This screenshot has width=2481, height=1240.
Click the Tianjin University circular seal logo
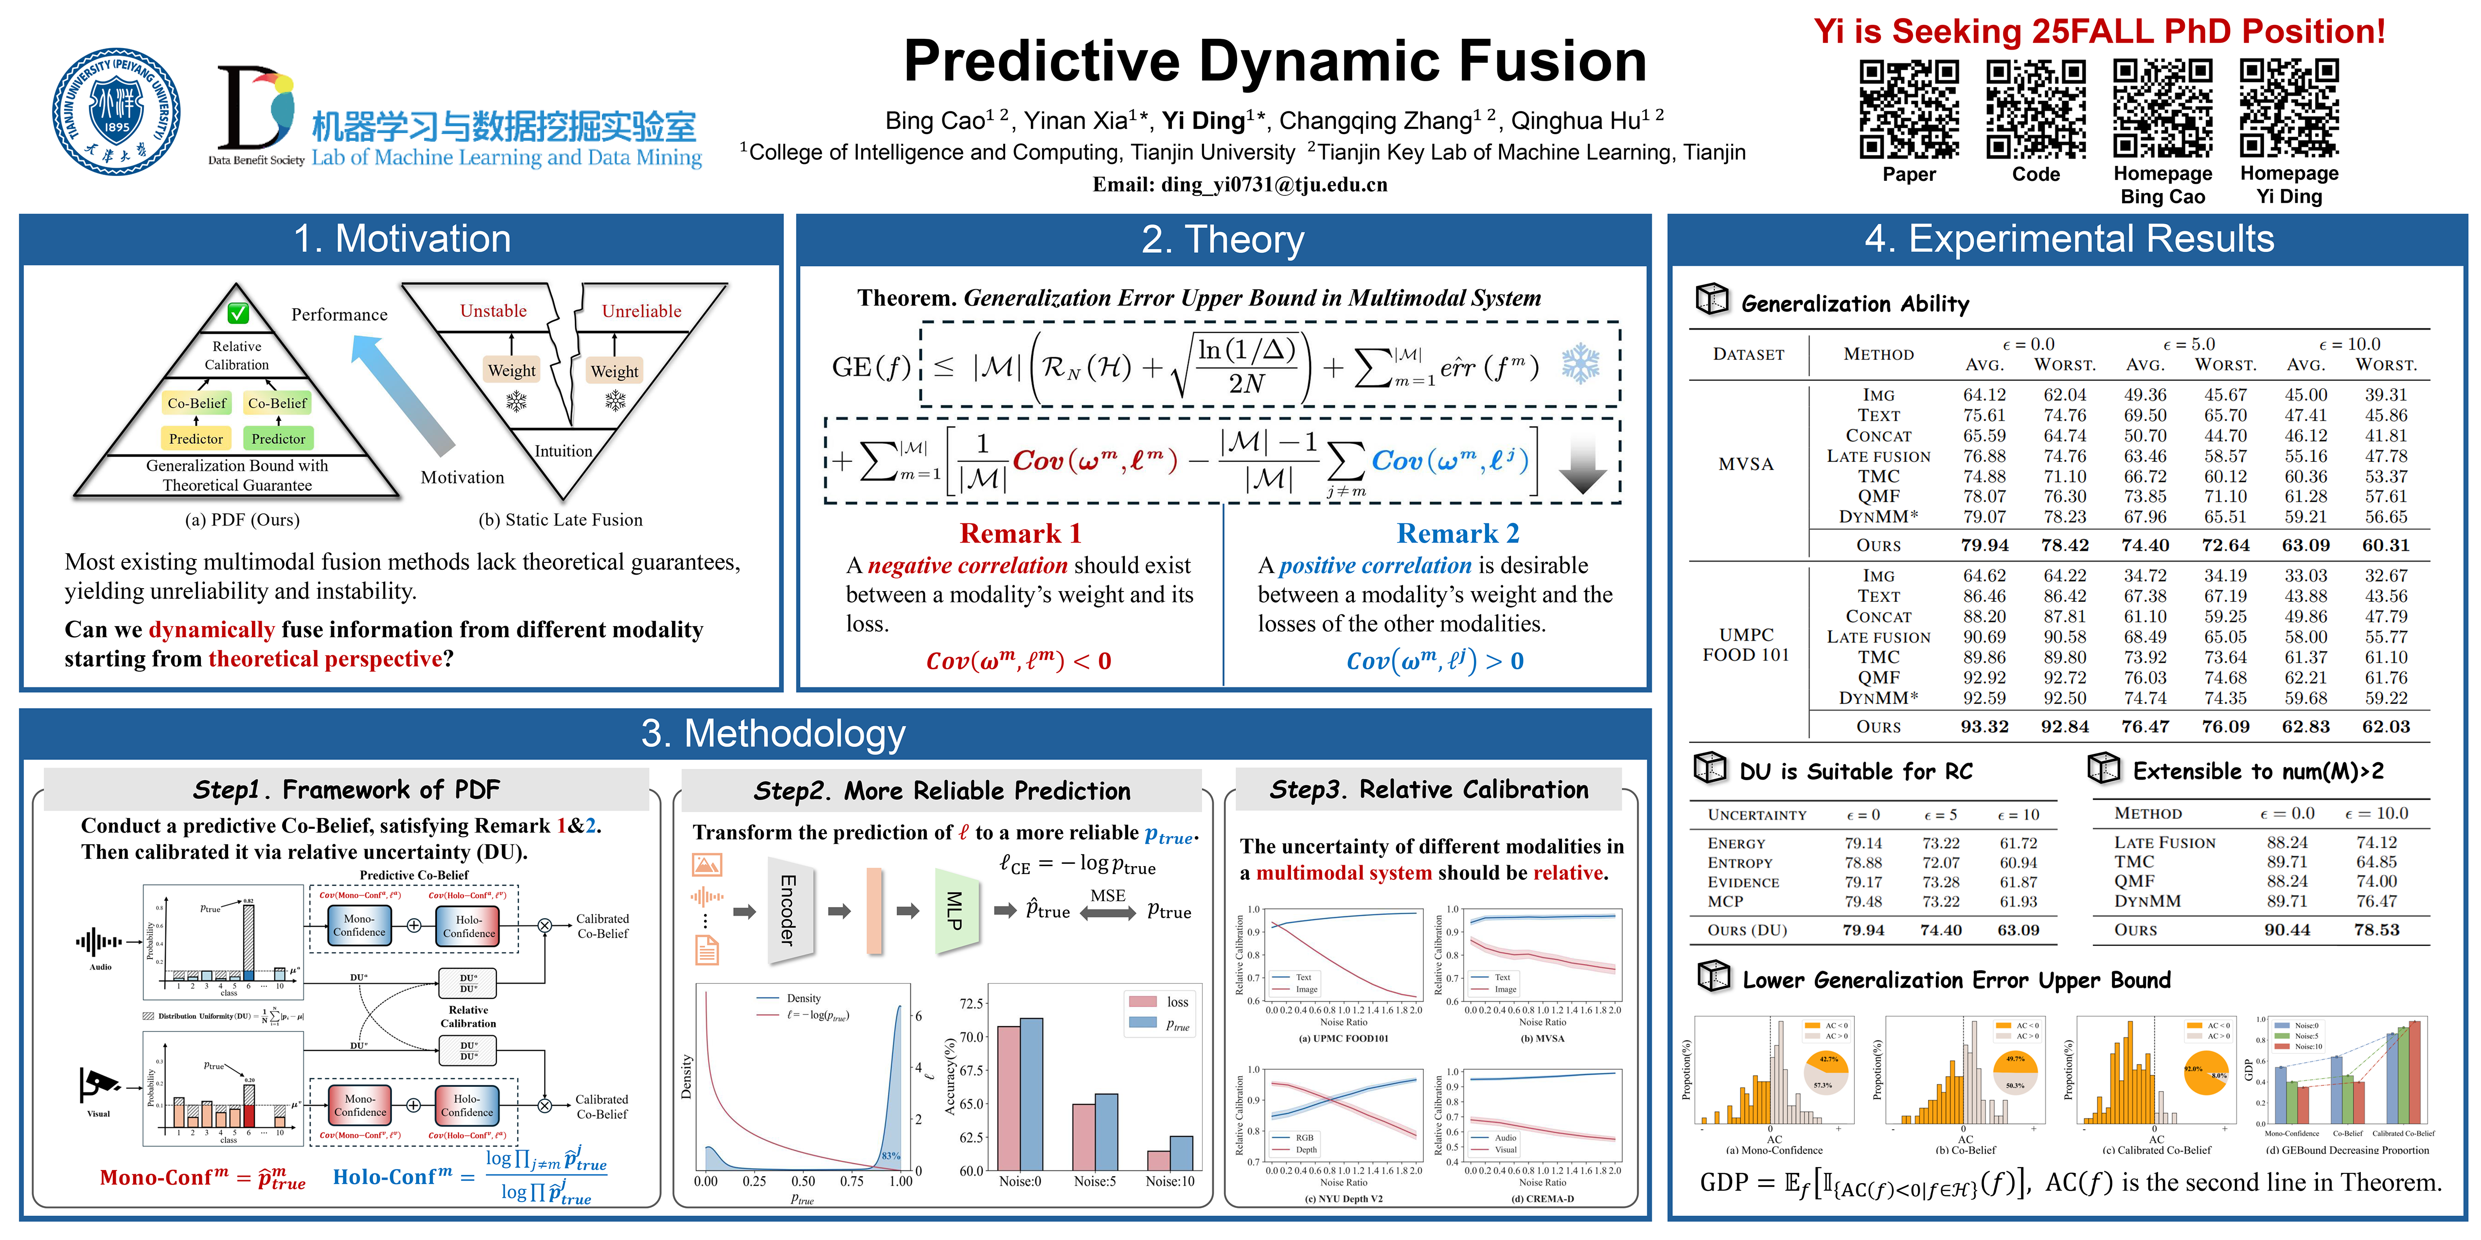coord(117,113)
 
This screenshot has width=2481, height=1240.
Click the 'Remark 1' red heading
coord(1020,533)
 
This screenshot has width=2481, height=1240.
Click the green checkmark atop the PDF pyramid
coord(238,313)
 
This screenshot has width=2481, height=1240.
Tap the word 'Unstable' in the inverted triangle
coord(493,311)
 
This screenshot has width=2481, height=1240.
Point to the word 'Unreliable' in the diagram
coord(641,311)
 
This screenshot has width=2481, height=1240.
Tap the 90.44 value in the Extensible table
coord(2286,930)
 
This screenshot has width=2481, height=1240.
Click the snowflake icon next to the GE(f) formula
coord(1580,364)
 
